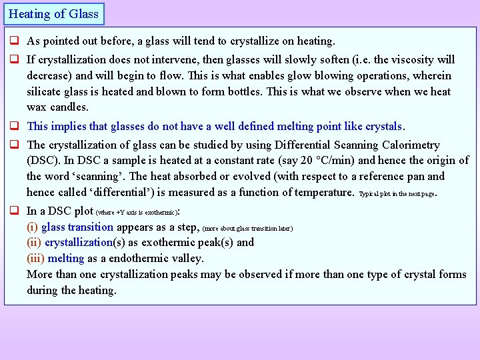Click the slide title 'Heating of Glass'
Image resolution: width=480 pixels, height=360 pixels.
coord(53,13)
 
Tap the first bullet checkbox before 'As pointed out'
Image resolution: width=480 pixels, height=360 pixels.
coord(13,41)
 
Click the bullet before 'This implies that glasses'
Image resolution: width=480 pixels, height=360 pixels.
coord(13,126)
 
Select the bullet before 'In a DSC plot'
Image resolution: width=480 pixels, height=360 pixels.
coord(13,211)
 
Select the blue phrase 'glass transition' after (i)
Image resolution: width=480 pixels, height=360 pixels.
coord(77,227)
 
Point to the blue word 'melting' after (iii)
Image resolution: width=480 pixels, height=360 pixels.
coord(66,258)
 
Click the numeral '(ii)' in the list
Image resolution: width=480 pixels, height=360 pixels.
coord(34,243)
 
